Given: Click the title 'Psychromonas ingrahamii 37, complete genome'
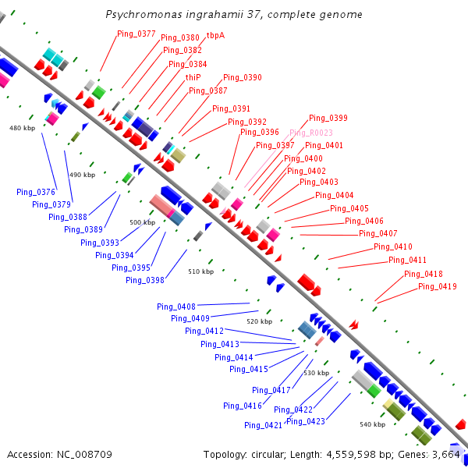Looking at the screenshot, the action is tap(234, 14).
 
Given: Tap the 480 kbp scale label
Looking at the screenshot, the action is tap(22, 128).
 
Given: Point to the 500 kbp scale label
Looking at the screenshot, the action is tap(143, 222).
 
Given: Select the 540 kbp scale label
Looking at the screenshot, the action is tap(373, 424).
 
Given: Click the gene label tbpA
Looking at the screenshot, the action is tap(215, 36).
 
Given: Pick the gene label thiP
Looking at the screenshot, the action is tap(193, 77).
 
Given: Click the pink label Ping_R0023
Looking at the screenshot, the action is tap(311, 133).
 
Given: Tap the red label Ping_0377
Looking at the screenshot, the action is tap(136, 34).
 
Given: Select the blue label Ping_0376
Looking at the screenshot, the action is tap(36, 192).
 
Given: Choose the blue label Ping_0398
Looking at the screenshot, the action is tap(145, 280).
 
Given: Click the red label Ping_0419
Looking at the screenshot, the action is tap(438, 286).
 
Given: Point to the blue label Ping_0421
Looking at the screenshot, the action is tap(264, 425).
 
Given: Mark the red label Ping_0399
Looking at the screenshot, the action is tap(328, 118).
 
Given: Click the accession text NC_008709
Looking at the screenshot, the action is tap(84, 455).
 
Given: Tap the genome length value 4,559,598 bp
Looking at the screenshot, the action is tap(351, 455).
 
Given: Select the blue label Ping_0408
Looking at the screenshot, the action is tap(176, 307).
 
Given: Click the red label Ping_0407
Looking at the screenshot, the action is tap(378, 233).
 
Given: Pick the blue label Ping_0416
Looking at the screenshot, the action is tap(243, 406).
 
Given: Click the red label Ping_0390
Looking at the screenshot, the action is tap(243, 77).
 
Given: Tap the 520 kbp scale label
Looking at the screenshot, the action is tap(260, 321).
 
